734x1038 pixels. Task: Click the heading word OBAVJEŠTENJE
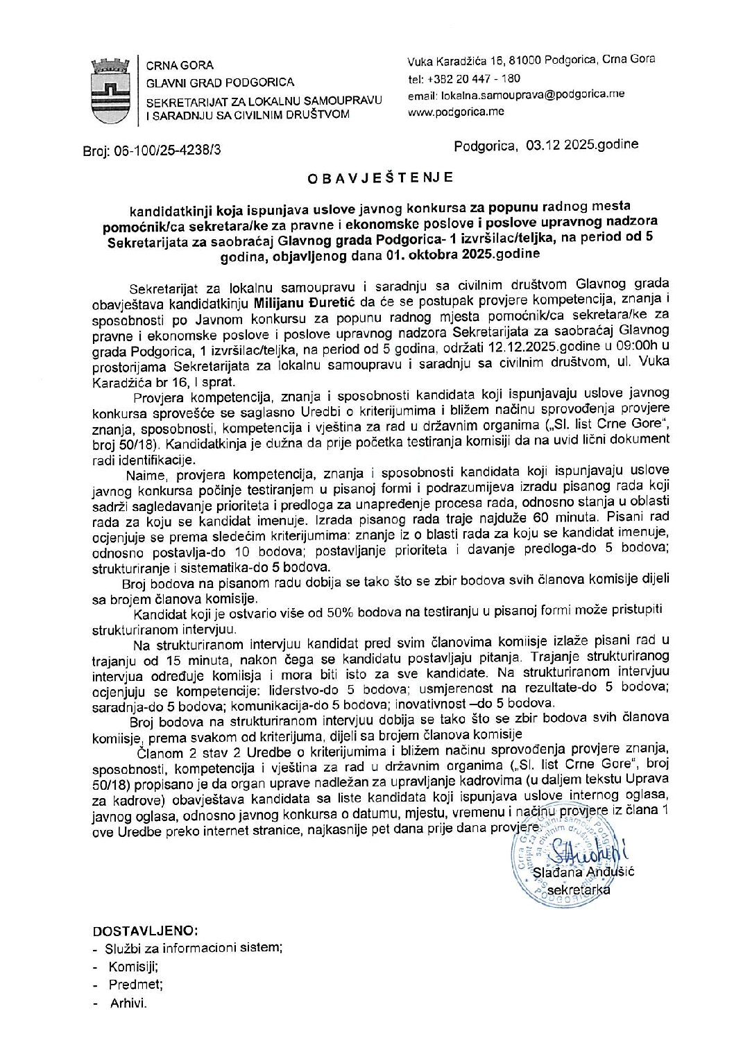pyautogui.click(x=380, y=178)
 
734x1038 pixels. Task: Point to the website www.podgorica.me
pyautogui.click(x=456, y=112)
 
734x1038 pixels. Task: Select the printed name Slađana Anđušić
pyautogui.click(x=583, y=872)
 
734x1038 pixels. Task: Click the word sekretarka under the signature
pyautogui.click(x=578, y=890)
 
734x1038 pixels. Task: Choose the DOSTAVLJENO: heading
pyautogui.click(x=145, y=931)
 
